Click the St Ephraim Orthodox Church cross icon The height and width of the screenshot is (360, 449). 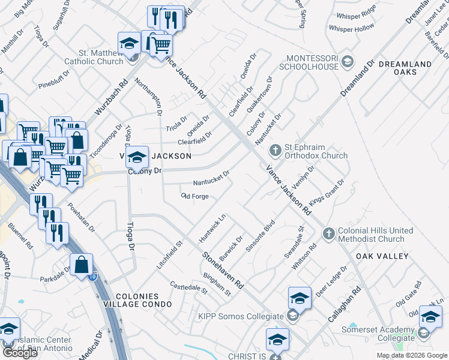[275, 149]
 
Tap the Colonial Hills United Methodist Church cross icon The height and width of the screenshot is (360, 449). [328, 233]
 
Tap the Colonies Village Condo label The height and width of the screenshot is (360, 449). [137, 300]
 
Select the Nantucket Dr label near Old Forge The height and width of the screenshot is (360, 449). [211, 179]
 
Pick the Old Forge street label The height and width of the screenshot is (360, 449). [194, 196]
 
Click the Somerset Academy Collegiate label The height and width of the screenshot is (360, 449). [378, 334]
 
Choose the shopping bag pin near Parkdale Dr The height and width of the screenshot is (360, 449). [81, 265]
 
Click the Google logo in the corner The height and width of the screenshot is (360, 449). [20, 352]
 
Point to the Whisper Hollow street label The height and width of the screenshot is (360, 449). [351, 29]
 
